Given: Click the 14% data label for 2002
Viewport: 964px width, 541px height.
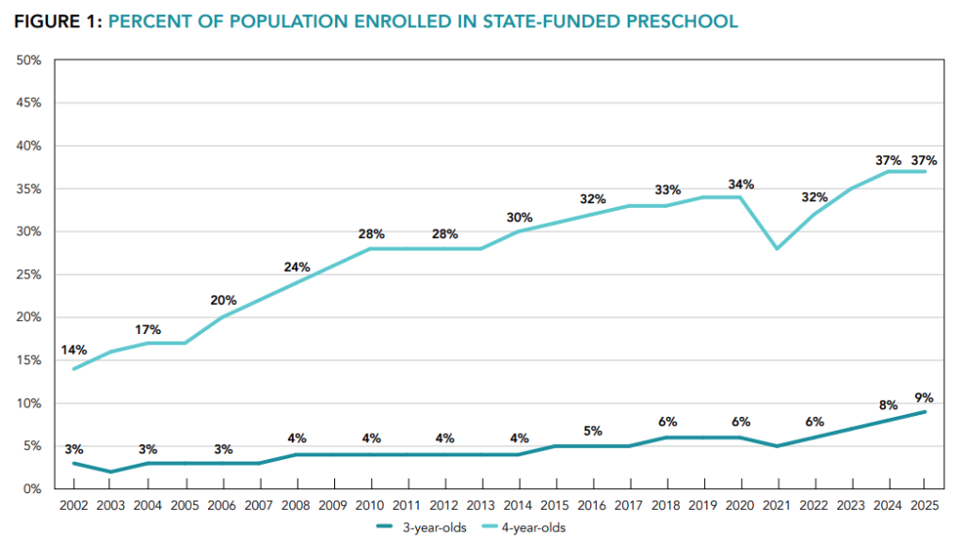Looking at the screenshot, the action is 73,350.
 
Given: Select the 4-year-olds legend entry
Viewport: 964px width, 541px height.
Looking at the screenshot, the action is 523,528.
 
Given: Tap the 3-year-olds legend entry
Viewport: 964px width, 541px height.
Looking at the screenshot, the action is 422,528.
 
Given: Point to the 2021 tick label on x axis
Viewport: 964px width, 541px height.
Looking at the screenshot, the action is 777,505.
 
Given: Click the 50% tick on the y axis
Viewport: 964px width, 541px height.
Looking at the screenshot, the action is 28,60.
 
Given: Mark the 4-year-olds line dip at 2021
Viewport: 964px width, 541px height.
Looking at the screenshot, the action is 777,248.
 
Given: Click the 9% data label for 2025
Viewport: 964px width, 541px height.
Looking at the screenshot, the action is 924,398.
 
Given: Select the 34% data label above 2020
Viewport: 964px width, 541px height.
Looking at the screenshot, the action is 741,184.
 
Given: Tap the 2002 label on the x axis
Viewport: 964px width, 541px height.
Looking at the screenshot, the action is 73,505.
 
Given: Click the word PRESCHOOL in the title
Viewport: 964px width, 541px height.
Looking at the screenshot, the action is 683,22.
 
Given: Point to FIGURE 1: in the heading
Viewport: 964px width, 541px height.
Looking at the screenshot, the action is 57,22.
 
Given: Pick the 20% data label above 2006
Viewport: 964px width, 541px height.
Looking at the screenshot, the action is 223,300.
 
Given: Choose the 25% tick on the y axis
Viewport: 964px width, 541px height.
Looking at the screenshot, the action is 28,274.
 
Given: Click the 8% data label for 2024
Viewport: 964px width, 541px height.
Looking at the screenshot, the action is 889,406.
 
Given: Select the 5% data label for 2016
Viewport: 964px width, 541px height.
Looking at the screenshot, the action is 593,431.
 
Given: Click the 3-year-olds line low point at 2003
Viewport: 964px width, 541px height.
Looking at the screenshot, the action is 111,471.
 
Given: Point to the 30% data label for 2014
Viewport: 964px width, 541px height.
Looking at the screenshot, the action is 520,217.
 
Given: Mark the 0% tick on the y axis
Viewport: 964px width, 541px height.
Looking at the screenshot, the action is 32,488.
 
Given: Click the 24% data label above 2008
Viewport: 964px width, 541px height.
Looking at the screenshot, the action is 297,267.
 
